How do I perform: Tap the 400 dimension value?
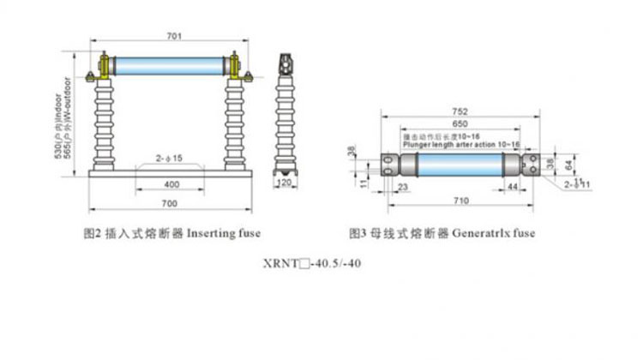point(171,184)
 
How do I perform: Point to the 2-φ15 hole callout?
point(168,159)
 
